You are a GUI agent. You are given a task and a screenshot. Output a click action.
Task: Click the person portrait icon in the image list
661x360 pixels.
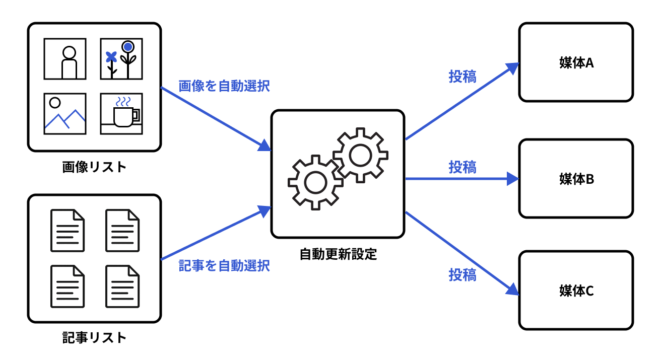click(64, 59)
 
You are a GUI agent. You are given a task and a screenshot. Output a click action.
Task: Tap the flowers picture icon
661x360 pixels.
click(121, 59)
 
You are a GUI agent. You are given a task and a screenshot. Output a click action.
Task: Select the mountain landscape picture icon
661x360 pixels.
click(64, 114)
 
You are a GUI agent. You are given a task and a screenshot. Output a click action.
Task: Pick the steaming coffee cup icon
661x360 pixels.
click(121, 114)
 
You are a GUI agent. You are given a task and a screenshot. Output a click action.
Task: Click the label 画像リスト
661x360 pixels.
click(94, 167)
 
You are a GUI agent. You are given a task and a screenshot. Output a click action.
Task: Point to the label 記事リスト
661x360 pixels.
click(94, 337)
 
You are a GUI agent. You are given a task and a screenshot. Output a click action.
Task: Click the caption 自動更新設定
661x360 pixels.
click(338, 254)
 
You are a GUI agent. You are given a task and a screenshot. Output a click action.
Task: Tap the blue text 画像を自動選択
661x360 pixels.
click(224, 86)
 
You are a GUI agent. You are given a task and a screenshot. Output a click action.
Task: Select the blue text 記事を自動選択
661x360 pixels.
click(224, 265)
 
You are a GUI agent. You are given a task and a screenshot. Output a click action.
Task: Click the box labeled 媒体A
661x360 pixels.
click(576, 62)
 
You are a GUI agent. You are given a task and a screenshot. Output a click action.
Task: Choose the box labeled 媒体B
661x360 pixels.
click(576, 179)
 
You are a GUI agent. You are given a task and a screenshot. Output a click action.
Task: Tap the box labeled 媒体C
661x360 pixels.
click(576, 291)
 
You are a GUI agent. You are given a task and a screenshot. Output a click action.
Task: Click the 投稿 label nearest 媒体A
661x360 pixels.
click(462, 76)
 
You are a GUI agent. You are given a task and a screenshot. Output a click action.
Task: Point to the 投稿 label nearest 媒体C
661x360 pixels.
click(462, 275)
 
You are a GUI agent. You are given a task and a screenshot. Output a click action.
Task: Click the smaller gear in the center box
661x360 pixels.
click(315, 182)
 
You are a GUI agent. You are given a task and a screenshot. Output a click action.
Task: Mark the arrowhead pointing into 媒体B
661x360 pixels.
click(512, 178)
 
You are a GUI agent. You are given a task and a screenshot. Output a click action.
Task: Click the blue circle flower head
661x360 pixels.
click(128, 47)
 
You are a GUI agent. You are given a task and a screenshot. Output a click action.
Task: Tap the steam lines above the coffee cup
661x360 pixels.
click(122, 101)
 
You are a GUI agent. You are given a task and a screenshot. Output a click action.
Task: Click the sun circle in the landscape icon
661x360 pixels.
click(55, 103)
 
